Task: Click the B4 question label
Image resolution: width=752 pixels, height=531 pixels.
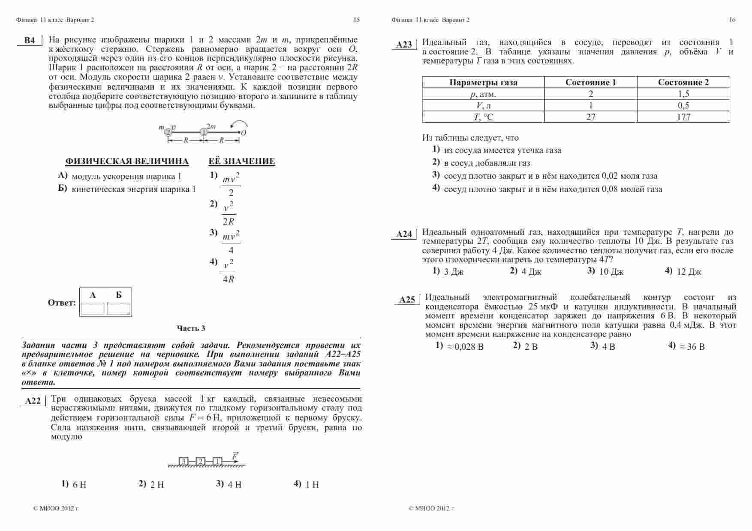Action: pos(30,41)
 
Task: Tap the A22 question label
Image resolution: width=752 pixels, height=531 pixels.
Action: pos(33,401)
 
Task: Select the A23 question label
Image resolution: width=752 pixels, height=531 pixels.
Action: pos(404,45)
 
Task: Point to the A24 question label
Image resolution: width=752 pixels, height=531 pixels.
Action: pos(404,234)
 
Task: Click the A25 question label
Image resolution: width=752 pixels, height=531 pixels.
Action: pos(407,300)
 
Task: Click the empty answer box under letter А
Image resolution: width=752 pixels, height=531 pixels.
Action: pos(93,309)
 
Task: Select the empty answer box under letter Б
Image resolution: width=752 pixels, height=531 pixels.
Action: pos(119,309)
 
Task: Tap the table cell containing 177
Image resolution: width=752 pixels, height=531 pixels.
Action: pos(683,117)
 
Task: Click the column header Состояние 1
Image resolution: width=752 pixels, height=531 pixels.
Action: pos(590,82)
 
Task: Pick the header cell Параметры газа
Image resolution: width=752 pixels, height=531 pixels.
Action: pos(483,82)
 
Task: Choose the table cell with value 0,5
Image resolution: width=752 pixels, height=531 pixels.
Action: pos(683,105)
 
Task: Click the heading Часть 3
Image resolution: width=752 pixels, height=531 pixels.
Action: pos(191,328)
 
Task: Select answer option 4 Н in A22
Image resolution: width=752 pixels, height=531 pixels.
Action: pos(234,485)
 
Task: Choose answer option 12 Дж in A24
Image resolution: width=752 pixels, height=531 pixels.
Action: pos(689,272)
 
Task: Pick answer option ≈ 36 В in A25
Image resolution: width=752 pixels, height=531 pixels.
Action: pos(692,347)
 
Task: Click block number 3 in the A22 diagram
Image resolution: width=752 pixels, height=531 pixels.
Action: pos(183,461)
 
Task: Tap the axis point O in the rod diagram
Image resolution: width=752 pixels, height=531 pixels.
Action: pos(244,133)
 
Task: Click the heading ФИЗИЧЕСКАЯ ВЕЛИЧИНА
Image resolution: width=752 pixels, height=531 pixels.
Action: pos(127,162)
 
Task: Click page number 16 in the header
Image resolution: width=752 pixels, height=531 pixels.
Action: pos(732,20)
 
